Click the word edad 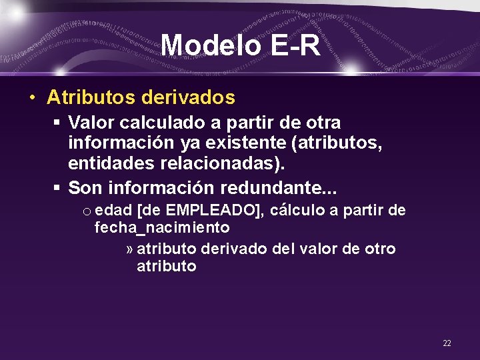tap(113, 211)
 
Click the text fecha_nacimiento tap(162, 228)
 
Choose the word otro tap(380, 249)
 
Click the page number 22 tap(447, 343)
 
